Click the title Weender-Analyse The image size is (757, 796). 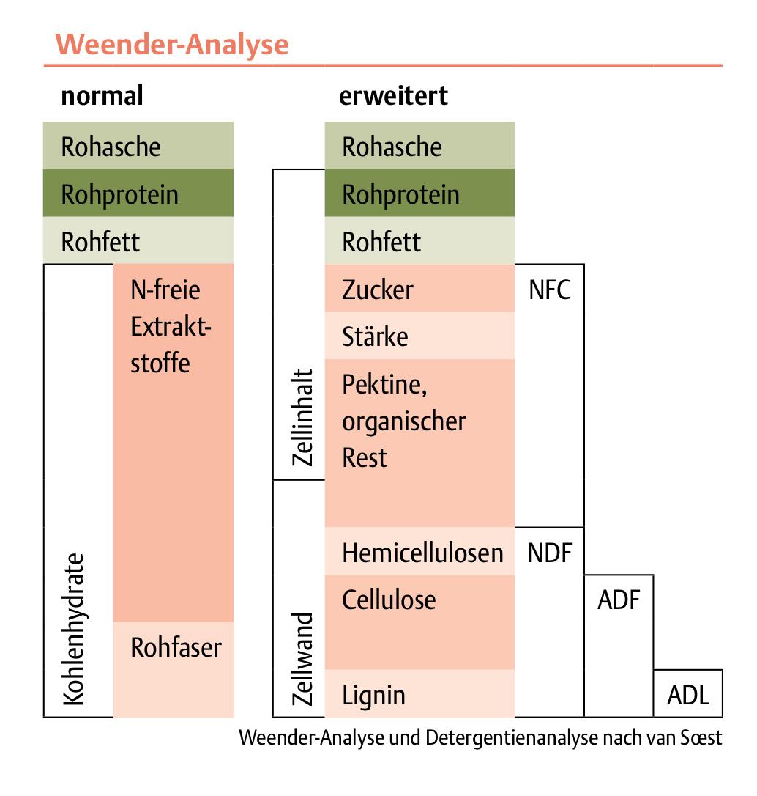click(172, 45)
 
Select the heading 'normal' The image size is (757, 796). click(102, 96)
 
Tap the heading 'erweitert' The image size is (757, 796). click(393, 96)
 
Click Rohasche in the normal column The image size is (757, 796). click(111, 147)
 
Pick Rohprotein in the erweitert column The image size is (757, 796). click(400, 195)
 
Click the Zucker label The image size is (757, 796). click(377, 290)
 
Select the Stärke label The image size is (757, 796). click(375, 337)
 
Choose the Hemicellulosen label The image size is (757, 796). click(422, 553)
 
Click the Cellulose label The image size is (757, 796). click(389, 600)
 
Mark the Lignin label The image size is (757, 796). click(373, 695)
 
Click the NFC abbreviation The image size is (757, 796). click(549, 290)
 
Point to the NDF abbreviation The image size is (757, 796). click(549, 553)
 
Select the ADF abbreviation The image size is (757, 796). click(619, 600)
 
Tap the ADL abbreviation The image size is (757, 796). click(688, 695)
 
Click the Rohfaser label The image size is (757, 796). click(176, 647)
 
